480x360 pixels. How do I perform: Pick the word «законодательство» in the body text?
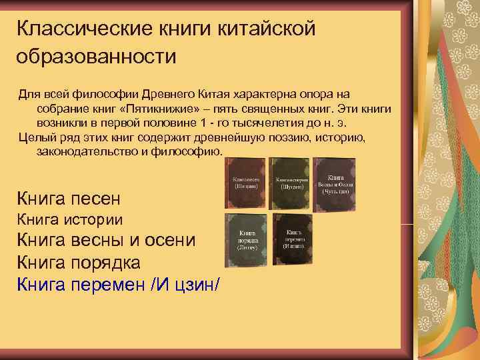(x=86, y=153)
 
